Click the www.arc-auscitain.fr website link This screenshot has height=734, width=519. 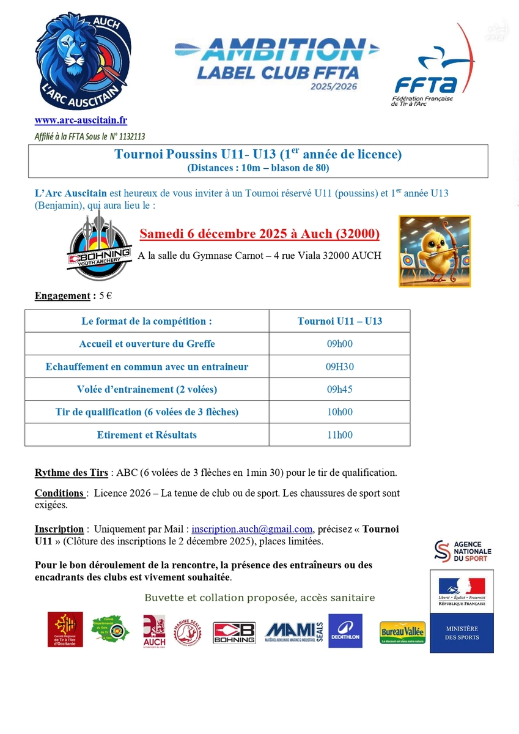[81, 121]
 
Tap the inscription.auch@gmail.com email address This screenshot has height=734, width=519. [252, 529]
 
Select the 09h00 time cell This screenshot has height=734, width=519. [339, 344]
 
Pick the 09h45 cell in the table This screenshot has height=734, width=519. [339, 390]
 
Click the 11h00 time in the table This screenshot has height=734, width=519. [339, 435]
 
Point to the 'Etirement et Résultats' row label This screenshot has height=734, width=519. [147, 435]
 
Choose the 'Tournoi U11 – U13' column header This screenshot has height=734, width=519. [339, 321]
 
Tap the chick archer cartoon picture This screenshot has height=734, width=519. [435, 251]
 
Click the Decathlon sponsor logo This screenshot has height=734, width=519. [345, 631]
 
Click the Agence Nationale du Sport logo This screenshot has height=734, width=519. [462, 550]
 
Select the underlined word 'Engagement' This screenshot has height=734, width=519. [62, 296]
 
